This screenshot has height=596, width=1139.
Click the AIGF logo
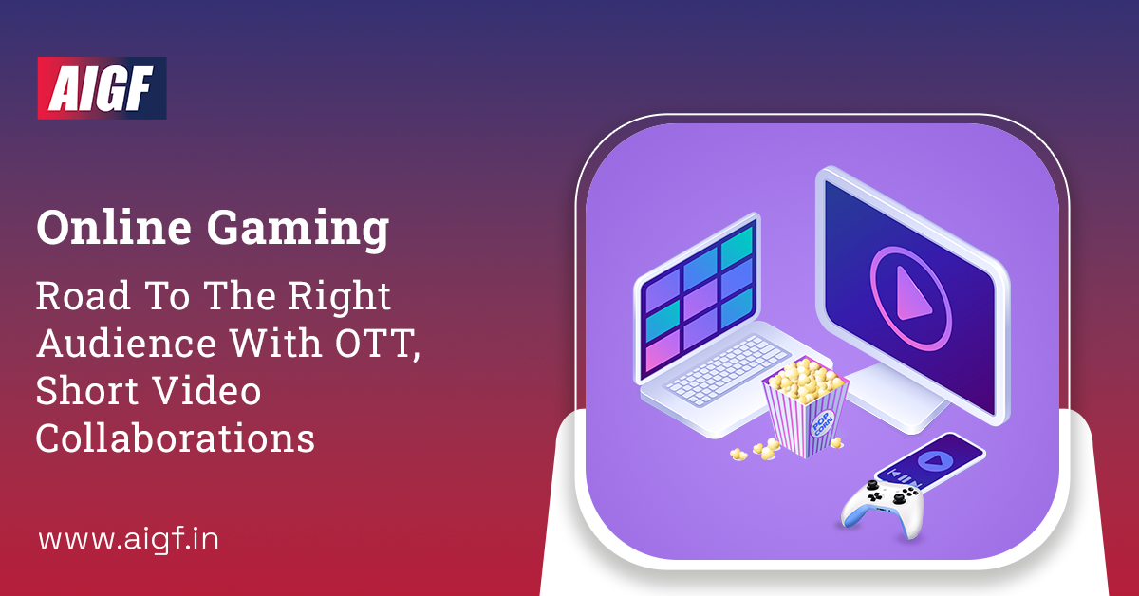click(102, 87)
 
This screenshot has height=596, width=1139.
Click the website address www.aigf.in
click(128, 540)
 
